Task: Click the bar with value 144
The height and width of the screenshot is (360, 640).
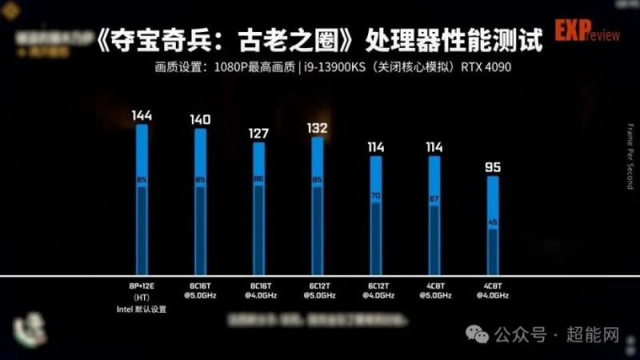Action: point(142,200)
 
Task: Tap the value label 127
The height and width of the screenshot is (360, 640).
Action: point(258,134)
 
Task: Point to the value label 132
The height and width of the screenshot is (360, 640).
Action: point(318,128)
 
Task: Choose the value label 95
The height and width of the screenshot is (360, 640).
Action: point(494,167)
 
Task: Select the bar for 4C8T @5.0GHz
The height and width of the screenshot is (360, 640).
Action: point(434,216)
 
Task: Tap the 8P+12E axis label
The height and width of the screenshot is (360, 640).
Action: point(142,285)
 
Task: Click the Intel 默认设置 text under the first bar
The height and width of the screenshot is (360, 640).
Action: point(142,309)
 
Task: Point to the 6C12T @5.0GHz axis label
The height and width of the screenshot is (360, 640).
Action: point(318,290)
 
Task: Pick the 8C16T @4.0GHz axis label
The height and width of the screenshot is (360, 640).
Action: point(258,290)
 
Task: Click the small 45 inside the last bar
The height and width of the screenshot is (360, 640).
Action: point(494,222)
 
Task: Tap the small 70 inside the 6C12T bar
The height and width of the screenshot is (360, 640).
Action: point(376,195)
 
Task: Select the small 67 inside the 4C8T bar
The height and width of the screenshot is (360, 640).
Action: point(434,198)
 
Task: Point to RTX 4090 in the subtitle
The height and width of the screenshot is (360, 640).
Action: point(486,67)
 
